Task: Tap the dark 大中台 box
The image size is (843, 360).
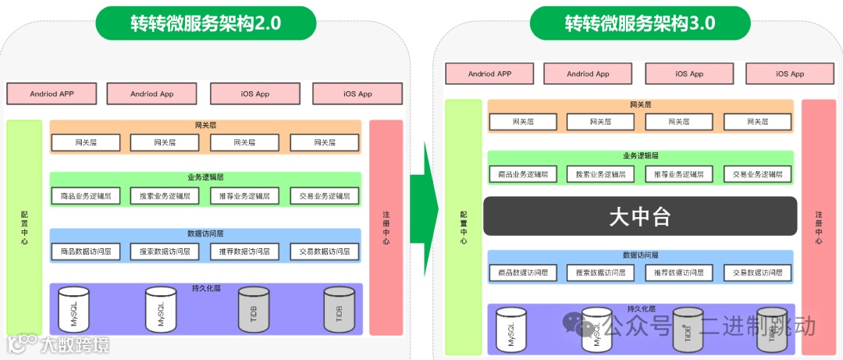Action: (640, 216)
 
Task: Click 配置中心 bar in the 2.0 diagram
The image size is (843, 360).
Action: (24, 227)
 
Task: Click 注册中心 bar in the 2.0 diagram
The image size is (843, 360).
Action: (386, 227)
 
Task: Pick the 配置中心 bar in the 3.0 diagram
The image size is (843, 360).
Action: (464, 227)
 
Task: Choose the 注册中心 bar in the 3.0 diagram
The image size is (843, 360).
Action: (818, 227)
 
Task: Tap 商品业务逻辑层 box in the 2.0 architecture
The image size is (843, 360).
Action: (86, 196)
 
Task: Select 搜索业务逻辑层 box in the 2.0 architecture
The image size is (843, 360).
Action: (165, 196)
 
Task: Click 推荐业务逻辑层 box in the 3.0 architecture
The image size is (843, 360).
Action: (679, 174)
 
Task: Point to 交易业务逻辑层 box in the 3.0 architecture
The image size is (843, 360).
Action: (757, 174)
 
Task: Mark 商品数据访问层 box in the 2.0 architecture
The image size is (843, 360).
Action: (86, 251)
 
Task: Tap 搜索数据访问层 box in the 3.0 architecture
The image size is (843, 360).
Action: (600, 273)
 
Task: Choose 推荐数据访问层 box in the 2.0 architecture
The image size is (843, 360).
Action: (244, 251)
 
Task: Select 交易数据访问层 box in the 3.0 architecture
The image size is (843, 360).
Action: (757, 273)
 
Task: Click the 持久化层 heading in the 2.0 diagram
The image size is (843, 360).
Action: (206, 288)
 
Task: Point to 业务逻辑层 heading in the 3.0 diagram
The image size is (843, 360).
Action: (640, 156)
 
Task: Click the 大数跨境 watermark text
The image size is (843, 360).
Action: (74, 344)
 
